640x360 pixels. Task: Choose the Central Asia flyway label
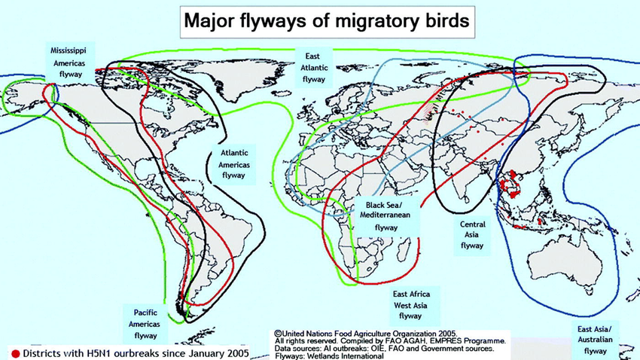[472, 234]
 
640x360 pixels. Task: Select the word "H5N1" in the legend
[105, 352]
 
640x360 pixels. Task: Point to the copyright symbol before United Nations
[278, 333]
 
